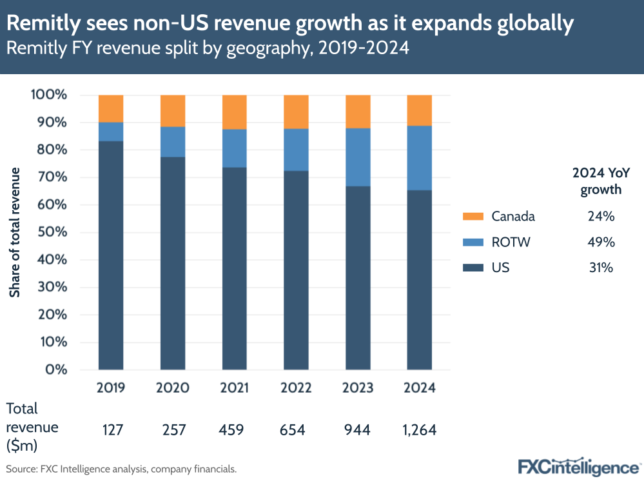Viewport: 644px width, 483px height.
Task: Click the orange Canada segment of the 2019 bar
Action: click(x=111, y=108)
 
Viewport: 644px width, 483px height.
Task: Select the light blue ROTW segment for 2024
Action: click(x=419, y=157)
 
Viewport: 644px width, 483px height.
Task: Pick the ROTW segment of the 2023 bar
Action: click(x=358, y=157)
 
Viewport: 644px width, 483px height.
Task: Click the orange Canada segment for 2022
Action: click(x=297, y=112)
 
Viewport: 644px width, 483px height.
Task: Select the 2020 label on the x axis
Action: click(x=173, y=388)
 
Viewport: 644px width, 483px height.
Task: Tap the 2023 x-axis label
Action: click(x=358, y=388)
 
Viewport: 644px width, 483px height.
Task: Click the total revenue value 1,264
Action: click(x=419, y=429)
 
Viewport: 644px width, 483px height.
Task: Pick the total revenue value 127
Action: click(x=111, y=429)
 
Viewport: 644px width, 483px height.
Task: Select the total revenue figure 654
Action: click(x=297, y=429)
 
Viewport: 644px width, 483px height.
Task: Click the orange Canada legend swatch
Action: click(x=473, y=217)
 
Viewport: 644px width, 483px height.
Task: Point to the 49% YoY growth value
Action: click(x=601, y=242)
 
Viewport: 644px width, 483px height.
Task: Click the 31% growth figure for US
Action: click(x=601, y=267)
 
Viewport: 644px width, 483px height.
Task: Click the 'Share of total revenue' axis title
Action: click(x=15, y=232)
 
